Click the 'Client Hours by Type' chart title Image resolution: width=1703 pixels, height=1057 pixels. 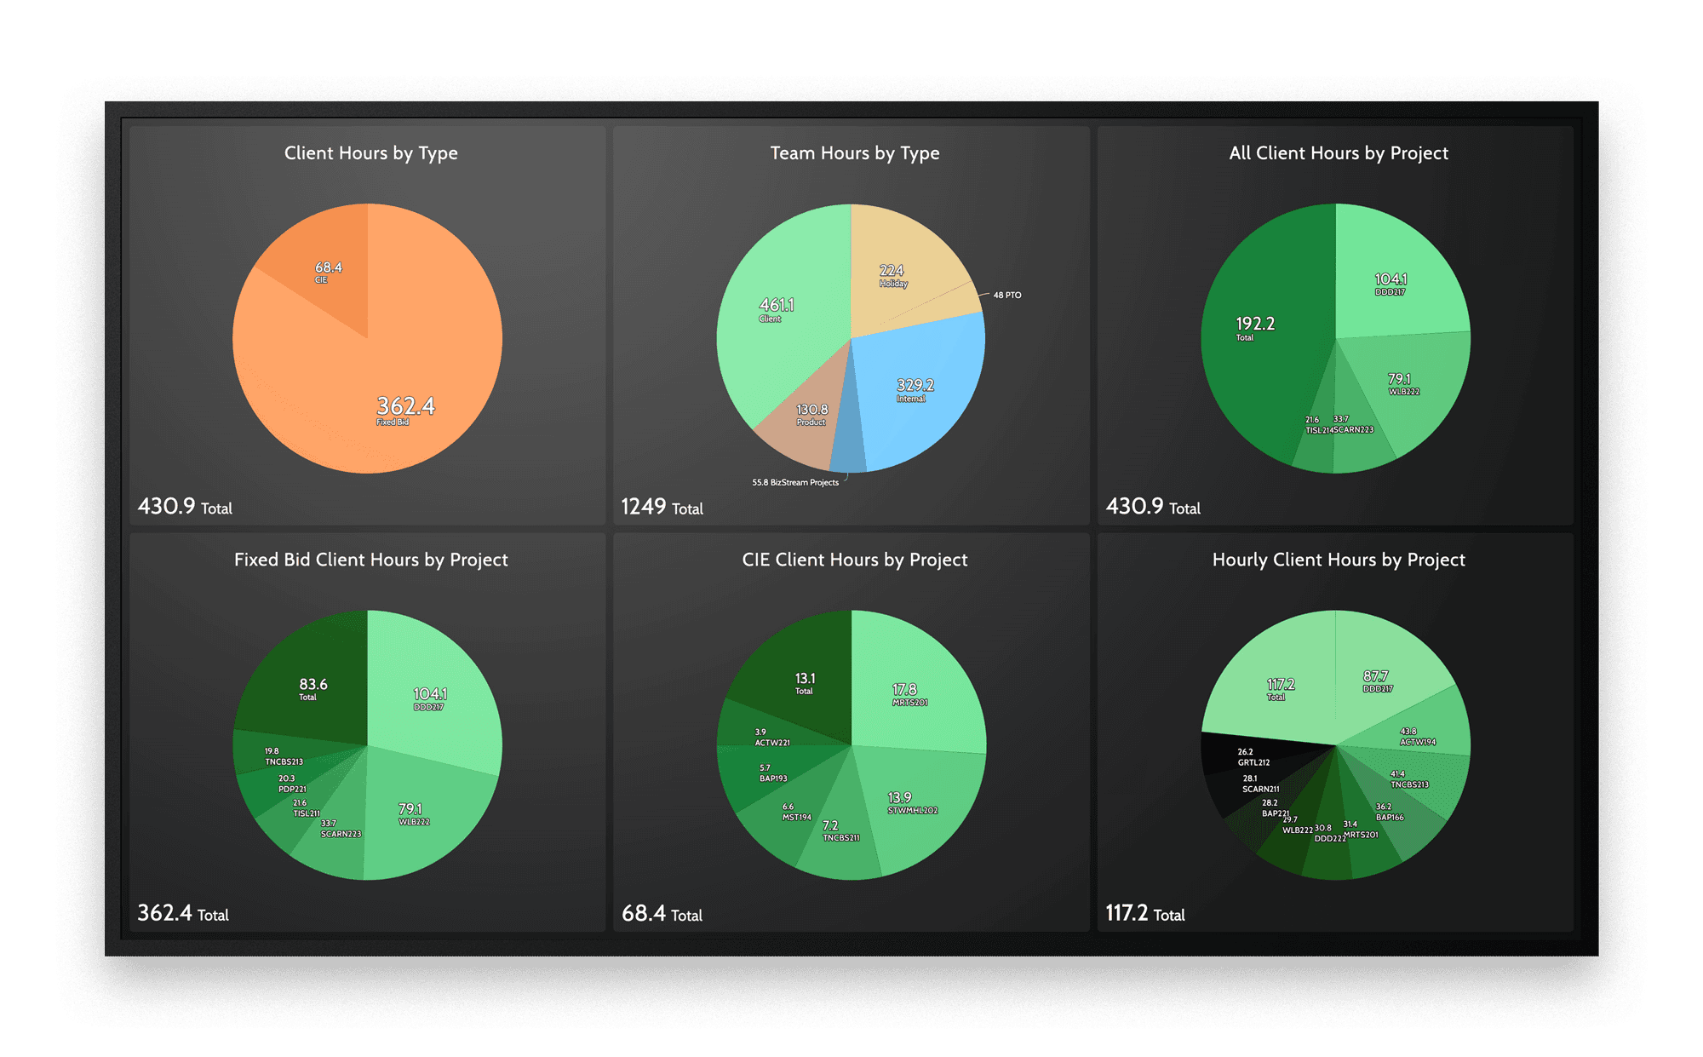[x=370, y=153]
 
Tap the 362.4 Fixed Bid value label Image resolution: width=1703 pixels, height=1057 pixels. [x=405, y=407]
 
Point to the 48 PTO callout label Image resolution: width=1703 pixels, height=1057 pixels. [x=1006, y=296]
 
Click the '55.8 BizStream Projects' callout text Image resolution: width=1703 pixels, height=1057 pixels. [x=794, y=483]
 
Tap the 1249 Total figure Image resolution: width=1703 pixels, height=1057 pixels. [x=662, y=508]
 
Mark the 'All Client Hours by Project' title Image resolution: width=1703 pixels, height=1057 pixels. [x=1338, y=153]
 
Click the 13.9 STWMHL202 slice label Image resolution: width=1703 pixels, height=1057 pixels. [x=912, y=803]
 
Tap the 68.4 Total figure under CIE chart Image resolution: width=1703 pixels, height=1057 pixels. [x=662, y=914]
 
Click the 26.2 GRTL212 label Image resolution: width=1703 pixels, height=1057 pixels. [x=1253, y=757]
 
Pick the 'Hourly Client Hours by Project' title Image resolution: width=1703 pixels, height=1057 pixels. [x=1338, y=560]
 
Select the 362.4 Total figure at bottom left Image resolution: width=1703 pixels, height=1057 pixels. [x=183, y=914]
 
